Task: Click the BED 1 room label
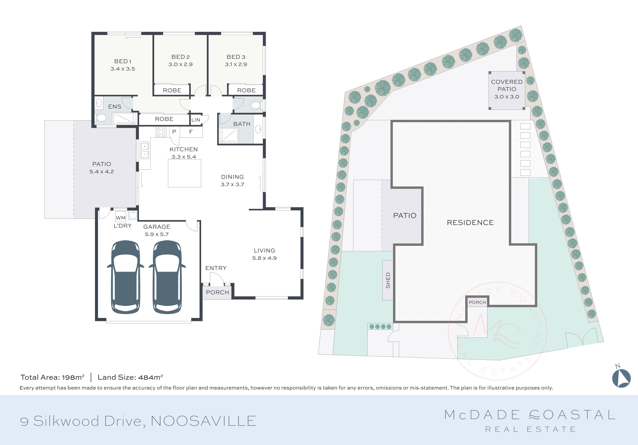[123, 61]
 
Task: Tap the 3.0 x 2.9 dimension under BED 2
[180, 64]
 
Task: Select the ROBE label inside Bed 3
[246, 90]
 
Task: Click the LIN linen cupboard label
[196, 120]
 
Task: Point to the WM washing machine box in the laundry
[121, 218]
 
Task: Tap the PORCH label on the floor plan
[217, 292]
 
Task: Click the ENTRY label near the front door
[216, 268]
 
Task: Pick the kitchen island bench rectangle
[185, 173]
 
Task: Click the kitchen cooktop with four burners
[161, 132]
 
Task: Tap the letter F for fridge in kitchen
[191, 132]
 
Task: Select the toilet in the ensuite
[101, 118]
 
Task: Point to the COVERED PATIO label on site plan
[507, 86]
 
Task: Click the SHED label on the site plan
[388, 280]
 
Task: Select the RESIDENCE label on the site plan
[470, 223]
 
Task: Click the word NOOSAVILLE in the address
[203, 421]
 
